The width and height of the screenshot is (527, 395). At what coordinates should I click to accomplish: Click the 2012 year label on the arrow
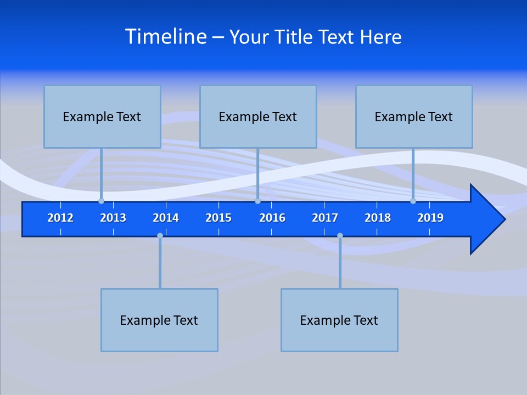tap(60, 218)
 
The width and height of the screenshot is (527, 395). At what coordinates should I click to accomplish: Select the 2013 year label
tap(113, 218)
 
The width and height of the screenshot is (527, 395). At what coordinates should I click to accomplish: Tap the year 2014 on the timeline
tap(166, 218)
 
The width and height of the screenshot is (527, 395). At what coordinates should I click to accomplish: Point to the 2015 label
tap(218, 218)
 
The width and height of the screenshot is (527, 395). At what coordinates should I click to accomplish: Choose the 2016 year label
tap(272, 218)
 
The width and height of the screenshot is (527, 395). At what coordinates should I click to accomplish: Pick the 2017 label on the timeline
tap(325, 218)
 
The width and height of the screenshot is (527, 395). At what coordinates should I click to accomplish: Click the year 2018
tap(378, 218)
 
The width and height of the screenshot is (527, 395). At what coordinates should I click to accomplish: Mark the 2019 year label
tap(430, 218)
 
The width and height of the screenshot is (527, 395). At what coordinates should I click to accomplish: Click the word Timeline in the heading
tap(166, 37)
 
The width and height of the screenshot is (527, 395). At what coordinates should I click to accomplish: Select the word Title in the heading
tap(294, 37)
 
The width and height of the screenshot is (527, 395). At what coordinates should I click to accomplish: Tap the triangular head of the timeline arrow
tap(486, 219)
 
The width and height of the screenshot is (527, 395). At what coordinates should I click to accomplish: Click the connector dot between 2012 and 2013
tap(102, 201)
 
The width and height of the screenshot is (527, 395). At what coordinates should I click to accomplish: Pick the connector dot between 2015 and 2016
tap(257, 201)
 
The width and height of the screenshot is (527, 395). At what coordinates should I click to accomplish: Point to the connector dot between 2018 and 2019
tap(413, 201)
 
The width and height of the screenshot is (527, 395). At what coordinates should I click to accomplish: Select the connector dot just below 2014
tap(160, 235)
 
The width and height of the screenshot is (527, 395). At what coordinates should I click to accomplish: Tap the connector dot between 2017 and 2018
tap(340, 235)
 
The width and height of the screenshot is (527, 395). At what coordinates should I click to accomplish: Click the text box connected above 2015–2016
tap(258, 116)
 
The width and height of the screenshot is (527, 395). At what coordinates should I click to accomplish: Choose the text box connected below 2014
tap(159, 320)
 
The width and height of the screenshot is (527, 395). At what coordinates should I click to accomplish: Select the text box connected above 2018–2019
tap(414, 116)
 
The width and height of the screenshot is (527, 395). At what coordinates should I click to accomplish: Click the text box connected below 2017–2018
tap(339, 320)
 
